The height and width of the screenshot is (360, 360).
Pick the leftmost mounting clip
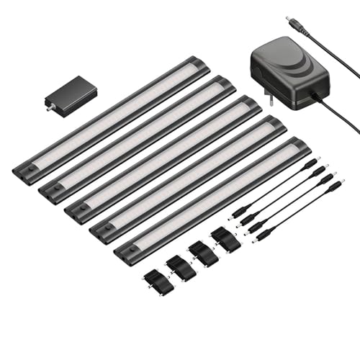coord(158,282)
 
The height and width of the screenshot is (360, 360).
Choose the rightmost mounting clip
coord(225,240)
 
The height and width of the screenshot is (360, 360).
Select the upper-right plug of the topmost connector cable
coord(310,165)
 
